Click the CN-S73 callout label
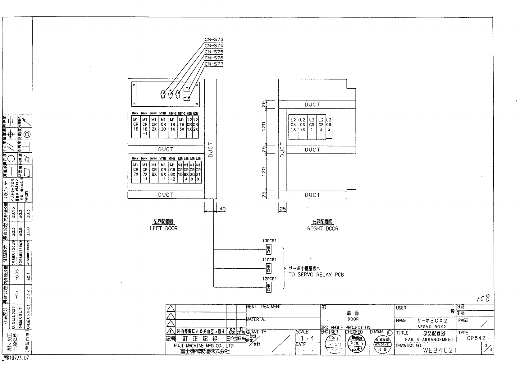[214, 40]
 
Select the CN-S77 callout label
[214, 64]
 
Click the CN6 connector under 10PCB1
[269, 249]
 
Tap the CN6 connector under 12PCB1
[269, 287]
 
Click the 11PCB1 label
[269, 260]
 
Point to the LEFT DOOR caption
[163, 229]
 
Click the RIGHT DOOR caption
[323, 229]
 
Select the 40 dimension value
[222, 209]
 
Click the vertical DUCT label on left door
[210, 150]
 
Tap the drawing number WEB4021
[440, 350]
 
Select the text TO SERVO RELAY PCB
[316, 275]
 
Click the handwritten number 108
[484, 298]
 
